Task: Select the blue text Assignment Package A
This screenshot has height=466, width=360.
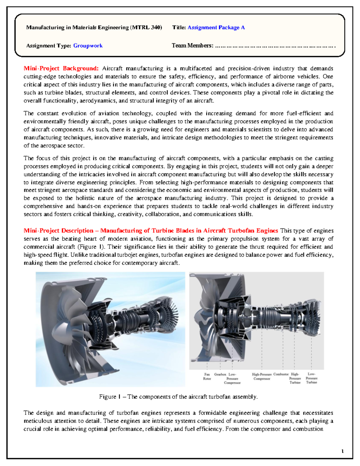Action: coord(216,28)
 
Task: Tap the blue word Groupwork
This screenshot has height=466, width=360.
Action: coord(88,46)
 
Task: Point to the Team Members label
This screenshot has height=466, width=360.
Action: coord(192,46)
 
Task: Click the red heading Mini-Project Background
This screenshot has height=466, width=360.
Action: coord(61,68)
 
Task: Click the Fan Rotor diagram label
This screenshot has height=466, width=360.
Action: coord(207,377)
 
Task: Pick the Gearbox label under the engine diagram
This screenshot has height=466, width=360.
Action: coord(220,374)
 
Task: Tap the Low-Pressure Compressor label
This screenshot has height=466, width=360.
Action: coord(232,378)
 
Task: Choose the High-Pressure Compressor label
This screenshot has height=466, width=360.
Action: coord(262,377)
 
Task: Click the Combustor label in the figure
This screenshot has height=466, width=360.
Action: coord(281,374)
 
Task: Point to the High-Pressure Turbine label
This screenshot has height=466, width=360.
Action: coord(295,378)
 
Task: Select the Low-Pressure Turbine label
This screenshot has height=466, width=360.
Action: coord(311,378)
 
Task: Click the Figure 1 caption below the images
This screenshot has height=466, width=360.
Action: coord(178,397)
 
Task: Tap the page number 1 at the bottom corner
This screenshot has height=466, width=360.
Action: coord(342,451)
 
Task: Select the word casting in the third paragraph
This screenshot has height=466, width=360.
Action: coord(324,158)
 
